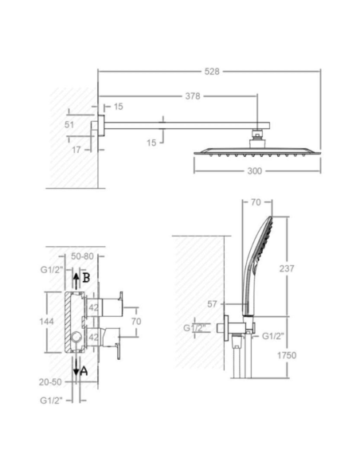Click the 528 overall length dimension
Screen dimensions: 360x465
tap(212, 72)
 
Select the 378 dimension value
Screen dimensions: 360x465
tap(193, 96)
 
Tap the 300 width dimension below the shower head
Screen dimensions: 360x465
tap(255, 171)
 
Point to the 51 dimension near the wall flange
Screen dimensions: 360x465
tap(69, 124)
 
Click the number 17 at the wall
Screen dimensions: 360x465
tap(76, 150)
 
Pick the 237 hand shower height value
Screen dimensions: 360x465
tap(287, 268)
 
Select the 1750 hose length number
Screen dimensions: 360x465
tap(287, 355)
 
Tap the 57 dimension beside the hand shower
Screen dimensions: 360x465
tap(212, 304)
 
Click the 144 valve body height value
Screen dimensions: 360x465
tap(46, 322)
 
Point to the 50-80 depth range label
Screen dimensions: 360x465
tap(82, 256)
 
